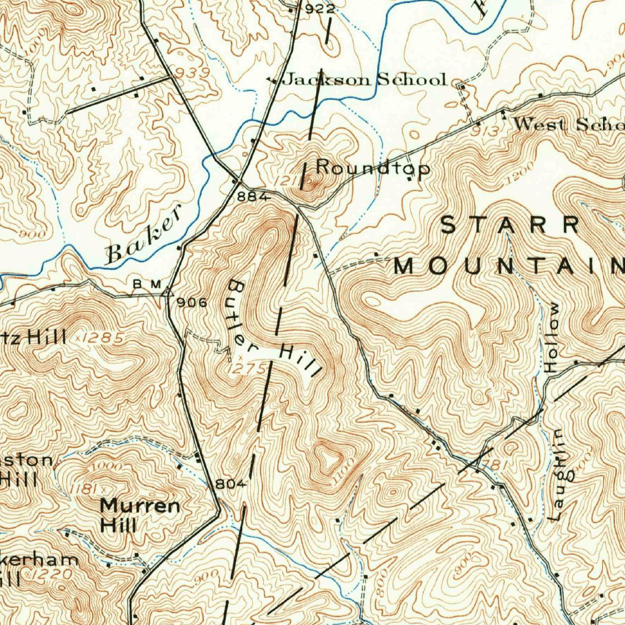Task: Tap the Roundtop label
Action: (x=372, y=168)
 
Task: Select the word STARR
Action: (x=510, y=225)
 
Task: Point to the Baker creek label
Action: (x=145, y=235)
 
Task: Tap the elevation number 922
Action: (x=320, y=9)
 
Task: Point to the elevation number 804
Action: (x=230, y=484)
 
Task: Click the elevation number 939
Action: (x=192, y=73)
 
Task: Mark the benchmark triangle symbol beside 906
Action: (x=167, y=292)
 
